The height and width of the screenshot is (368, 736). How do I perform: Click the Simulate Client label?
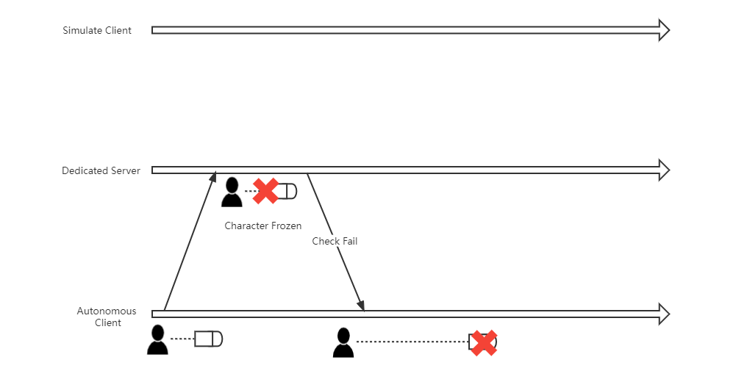(x=97, y=30)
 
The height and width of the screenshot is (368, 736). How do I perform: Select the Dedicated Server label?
(x=101, y=170)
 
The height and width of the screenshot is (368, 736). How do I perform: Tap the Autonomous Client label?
(x=107, y=317)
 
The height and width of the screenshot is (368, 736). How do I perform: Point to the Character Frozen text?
(x=262, y=226)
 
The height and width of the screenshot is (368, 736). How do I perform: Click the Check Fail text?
(x=335, y=241)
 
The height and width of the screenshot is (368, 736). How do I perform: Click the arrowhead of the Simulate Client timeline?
(x=663, y=30)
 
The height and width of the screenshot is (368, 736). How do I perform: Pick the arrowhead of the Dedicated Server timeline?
(x=663, y=170)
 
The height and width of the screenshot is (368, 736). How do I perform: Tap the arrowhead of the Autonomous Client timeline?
(x=663, y=314)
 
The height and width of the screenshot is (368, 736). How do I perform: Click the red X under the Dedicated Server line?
(x=265, y=191)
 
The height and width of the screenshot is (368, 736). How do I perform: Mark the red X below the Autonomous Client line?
(x=482, y=342)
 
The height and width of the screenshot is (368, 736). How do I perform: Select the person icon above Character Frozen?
(x=232, y=192)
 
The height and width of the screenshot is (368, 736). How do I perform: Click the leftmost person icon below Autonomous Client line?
(x=157, y=339)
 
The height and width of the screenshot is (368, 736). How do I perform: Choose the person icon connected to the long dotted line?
(x=343, y=342)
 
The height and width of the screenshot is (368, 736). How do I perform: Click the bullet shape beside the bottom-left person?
(x=208, y=339)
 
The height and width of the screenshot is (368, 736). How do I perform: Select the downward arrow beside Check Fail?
(x=335, y=242)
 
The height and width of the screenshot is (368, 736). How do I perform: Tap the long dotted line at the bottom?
(x=412, y=342)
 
